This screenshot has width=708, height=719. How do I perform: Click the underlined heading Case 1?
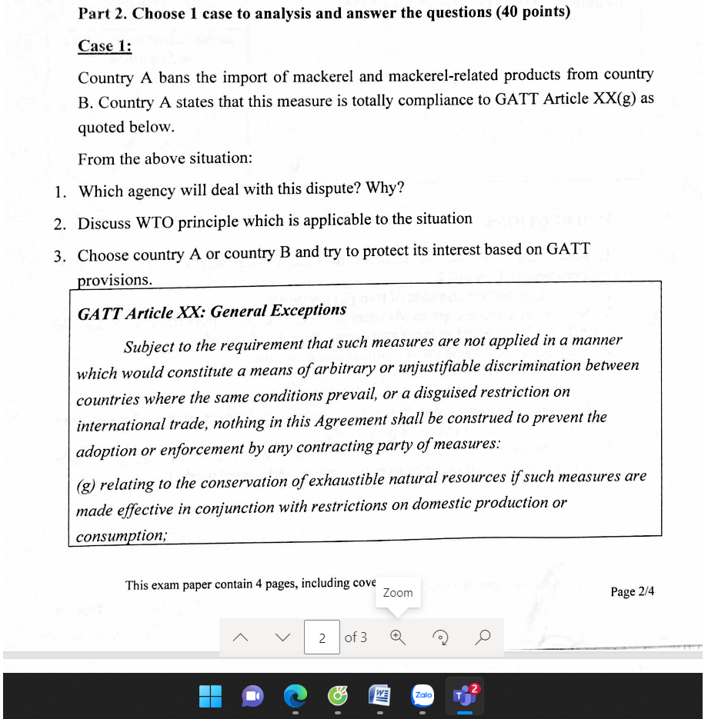point(105,46)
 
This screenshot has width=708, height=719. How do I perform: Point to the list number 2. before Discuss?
point(61,224)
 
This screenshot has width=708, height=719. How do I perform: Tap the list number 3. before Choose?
point(61,256)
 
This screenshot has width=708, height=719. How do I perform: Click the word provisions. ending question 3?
point(115,280)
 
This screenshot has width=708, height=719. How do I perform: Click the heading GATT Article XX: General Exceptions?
point(212,311)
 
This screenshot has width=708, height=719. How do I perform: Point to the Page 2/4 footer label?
point(632,591)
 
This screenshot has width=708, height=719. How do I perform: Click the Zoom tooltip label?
point(398,593)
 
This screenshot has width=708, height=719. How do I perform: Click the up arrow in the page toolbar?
point(240,637)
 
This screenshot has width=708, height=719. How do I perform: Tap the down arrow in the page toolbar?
point(282,637)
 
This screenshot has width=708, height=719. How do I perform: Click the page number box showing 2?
point(322,637)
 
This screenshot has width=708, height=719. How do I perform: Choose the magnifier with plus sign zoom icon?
point(398,637)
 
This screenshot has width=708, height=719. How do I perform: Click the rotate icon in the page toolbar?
point(440,637)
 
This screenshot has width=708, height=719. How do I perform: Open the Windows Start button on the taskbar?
point(210,696)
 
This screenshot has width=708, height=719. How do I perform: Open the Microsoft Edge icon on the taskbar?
point(294,696)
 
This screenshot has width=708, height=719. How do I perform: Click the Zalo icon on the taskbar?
point(422,695)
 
